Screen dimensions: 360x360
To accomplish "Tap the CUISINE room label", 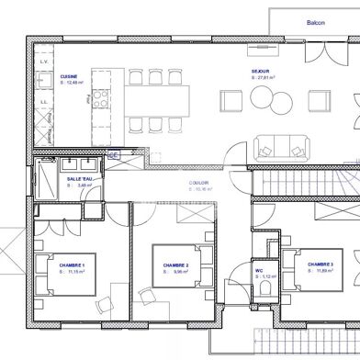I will coord(69,76).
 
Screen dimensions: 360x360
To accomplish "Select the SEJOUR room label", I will coord(261,71).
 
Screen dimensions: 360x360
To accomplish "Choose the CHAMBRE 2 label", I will coord(176,265).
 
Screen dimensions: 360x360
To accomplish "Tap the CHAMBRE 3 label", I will coord(321,264).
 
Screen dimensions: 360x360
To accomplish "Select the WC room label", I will coord(259,271).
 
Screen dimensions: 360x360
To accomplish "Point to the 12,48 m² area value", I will coord(73,83).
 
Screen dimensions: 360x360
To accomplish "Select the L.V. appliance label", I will coord(44,62).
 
